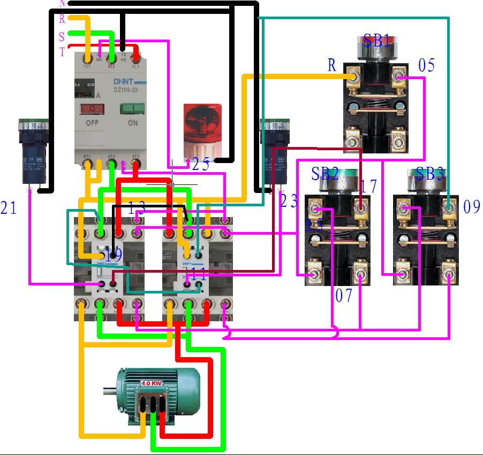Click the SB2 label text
(x=324, y=174)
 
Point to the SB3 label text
(x=430, y=174)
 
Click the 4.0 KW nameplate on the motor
(x=152, y=383)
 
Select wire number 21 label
(x=9, y=208)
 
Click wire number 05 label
(x=426, y=66)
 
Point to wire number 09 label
(x=471, y=207)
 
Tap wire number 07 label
(x=344, y=296)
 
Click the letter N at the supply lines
(x=62, y=3)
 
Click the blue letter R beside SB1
(x=332, y=66)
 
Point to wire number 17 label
(x=368, y=187)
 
